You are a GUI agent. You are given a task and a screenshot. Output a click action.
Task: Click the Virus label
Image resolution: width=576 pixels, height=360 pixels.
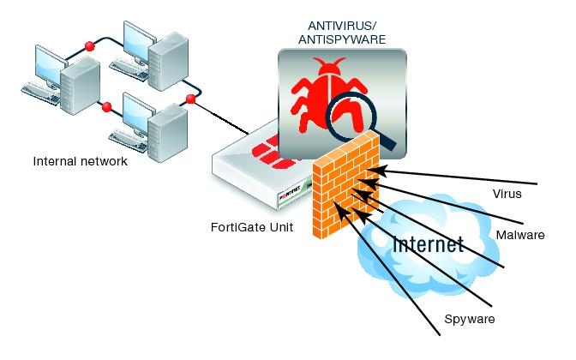pyautogui.click(x=507, y=194)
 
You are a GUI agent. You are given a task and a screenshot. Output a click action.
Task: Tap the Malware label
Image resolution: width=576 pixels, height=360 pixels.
pyautogui.click(x=520, y=235)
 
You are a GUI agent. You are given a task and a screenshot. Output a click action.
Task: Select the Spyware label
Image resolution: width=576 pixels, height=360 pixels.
pyautogui.click(x=469, y=320)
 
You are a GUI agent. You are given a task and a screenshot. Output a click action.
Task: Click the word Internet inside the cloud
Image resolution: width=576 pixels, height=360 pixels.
pyautogui.click(x=428, y=244)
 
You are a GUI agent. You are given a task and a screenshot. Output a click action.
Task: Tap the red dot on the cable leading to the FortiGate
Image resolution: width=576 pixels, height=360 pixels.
pyautogui.click(x=190, y=100)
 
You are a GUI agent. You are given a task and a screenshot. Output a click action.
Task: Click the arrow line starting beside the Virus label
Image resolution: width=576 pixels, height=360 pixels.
pyautogui.click(x=463, y=177)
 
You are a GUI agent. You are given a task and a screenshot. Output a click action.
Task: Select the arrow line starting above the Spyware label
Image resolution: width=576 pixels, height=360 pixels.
pyautogui.click(x=403, y=274)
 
